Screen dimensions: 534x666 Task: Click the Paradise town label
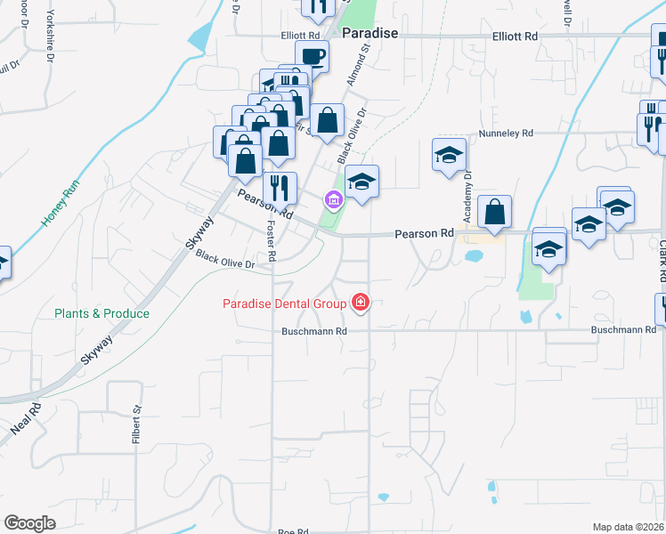tap(370, 33)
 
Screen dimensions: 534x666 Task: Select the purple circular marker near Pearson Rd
tap(333, 200)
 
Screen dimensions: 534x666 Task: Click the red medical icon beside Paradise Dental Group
tap(361, 303)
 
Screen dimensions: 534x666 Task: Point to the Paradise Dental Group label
tap(284, 304)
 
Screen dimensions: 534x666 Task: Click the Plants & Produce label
tap(102, 313)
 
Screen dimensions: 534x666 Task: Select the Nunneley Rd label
tap(505, 133)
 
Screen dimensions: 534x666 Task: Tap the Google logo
tap(29, 523)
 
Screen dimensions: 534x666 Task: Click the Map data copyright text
tap(629, 527)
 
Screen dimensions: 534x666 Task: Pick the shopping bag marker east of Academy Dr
tap(494, 213)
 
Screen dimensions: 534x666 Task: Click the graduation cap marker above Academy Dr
tap(449, 155)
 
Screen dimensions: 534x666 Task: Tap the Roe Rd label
tap(292, 530)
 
